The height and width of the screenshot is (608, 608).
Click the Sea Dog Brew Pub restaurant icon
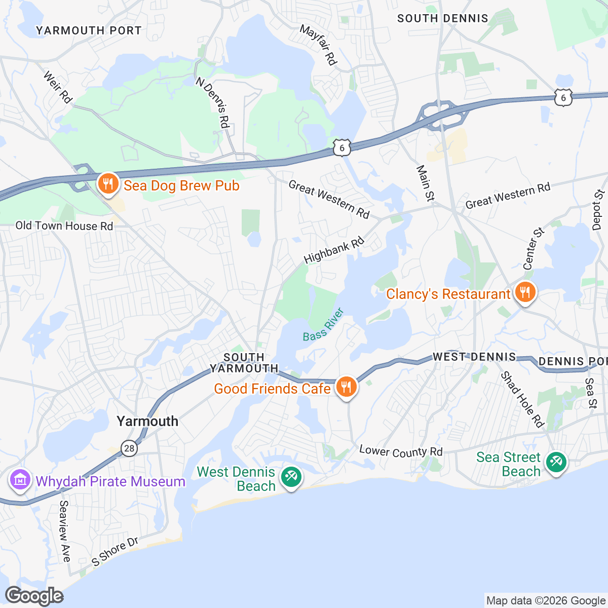(108, 184)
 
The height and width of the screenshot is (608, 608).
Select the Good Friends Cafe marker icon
(346, 388)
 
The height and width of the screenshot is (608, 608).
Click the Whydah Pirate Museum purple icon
(20, 480)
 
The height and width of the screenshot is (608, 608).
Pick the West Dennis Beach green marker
(291, 477)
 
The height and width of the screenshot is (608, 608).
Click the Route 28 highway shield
(130, 448)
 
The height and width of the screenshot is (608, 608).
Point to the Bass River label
(323, 324)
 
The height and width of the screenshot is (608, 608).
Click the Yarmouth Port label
(89, 30)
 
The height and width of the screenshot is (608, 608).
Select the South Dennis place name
(442, 19)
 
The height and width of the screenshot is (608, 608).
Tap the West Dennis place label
(474, 357)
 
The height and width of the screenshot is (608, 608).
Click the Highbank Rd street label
(334, 250)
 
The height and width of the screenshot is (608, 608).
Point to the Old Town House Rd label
(64, 226)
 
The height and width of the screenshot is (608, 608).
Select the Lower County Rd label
(401, 451)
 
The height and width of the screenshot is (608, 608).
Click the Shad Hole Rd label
(522, 399)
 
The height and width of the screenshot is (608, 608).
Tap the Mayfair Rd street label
(318, 45)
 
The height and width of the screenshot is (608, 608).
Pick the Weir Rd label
(57, 87)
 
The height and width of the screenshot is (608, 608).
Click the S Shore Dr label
(115, 551)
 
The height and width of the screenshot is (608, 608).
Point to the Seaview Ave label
(64, 531)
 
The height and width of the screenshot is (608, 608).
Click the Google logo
(34, 596)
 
